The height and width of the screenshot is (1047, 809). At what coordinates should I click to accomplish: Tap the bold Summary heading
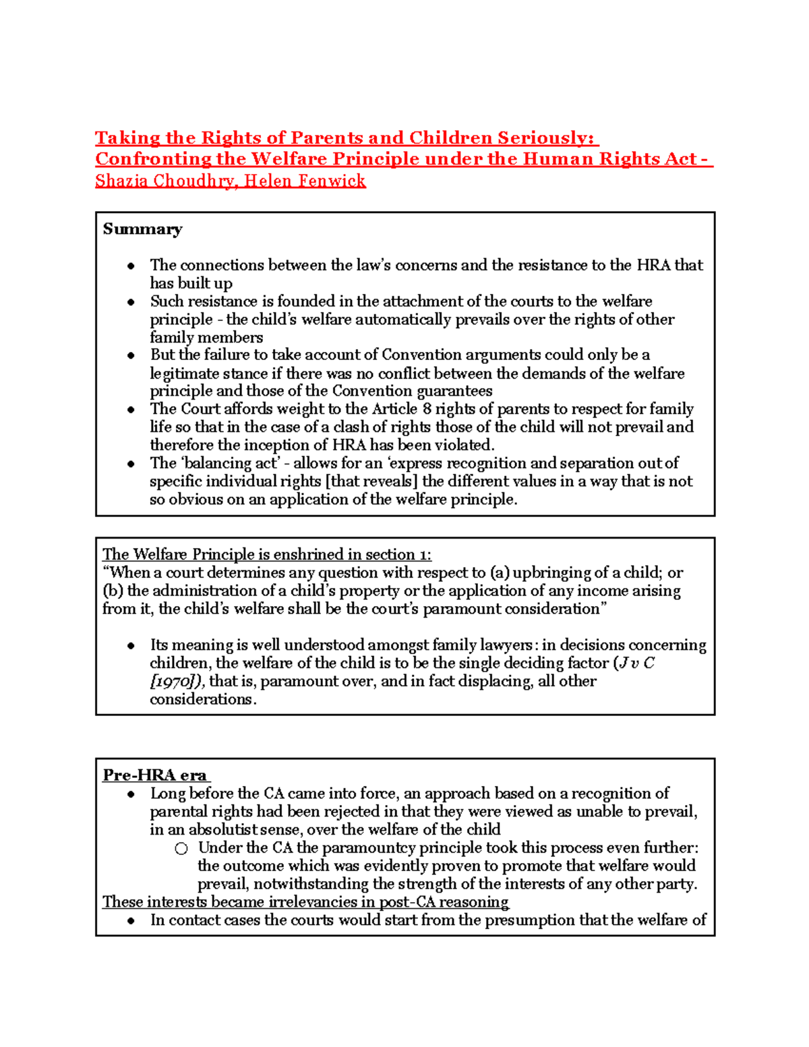point(142,229)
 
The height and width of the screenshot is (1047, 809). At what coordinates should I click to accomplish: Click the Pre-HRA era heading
point(155,775)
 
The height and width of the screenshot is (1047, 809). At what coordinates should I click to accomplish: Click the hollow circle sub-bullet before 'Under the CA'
point(181,848)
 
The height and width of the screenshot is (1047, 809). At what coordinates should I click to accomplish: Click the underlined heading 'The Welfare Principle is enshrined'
point(266,554)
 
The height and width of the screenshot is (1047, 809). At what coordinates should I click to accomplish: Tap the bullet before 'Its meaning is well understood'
point(131,646)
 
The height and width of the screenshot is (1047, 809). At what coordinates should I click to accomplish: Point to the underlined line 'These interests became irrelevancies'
point(305,902)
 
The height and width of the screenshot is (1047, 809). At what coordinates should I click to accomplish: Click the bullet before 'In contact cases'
point(131,921)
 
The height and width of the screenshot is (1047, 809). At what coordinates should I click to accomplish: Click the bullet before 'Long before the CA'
point(131,794)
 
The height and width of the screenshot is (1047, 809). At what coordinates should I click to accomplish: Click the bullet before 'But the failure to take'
point(131,355)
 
